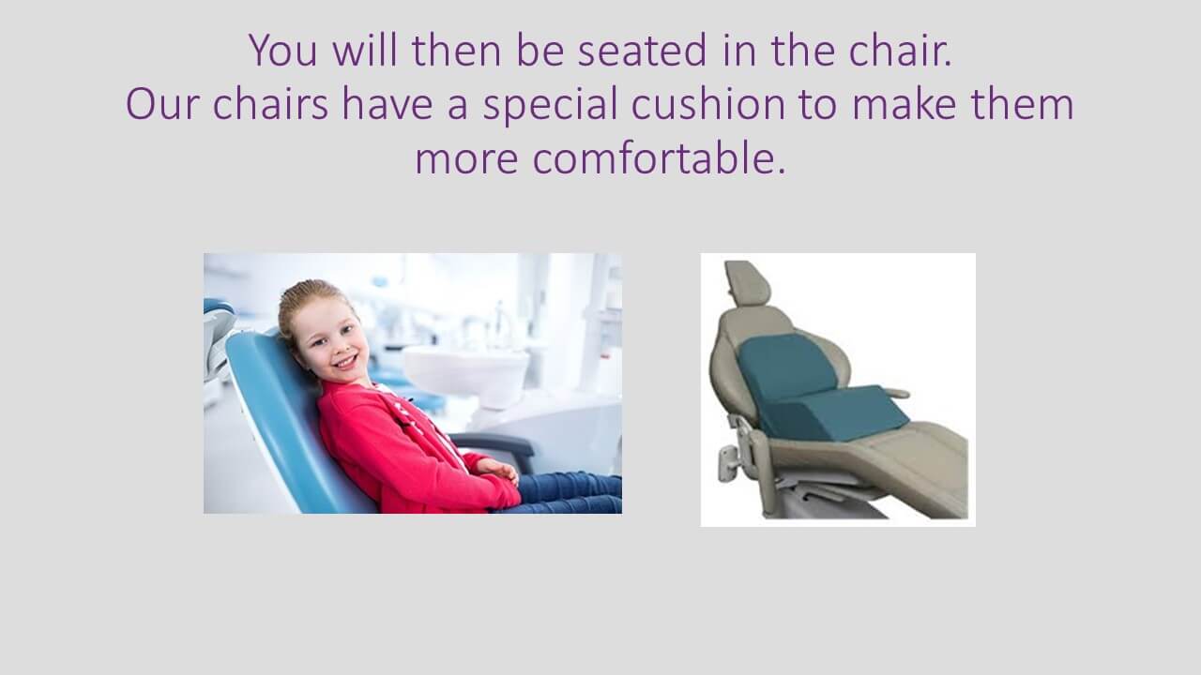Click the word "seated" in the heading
[643, 50]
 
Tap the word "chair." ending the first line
[901, 50]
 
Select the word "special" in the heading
[550, 104]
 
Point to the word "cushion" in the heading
[708, 103]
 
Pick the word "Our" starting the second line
[162, 104]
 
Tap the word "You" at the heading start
[283, 50]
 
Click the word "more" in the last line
[466, 160]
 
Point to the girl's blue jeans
[569, 493]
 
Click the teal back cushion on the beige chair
[785, 367]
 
